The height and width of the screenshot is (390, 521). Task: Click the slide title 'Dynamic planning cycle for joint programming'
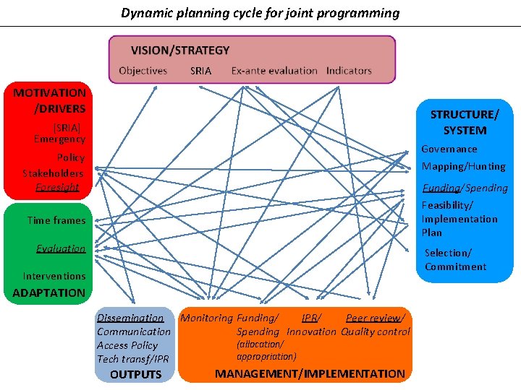(260, 13)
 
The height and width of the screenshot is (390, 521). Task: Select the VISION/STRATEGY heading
(180, 51)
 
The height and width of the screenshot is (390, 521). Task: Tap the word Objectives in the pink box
(143, 71)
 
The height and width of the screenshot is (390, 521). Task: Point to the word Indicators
(349, 71)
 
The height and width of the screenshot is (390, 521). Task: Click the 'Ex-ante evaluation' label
(274, 71)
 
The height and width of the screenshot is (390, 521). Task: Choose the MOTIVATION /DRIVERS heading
(49, 100)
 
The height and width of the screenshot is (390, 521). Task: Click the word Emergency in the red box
(59, 139)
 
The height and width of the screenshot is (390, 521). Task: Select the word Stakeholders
(53, 173)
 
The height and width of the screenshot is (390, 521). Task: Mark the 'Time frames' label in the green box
(56, 220)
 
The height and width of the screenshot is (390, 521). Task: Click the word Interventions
(54, 276)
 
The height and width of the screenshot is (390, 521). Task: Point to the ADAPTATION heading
(48, 292)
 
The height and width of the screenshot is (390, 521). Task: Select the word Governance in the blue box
(449, 149)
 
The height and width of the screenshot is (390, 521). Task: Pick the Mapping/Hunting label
(463, 166)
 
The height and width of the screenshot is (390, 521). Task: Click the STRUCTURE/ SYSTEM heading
(465, 122)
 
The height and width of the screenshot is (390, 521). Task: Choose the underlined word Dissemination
(130, 318)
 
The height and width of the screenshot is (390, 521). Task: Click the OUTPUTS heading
(135, 374)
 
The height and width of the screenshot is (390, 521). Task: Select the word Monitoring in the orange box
(206, 318)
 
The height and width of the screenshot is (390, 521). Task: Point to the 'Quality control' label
(375, 331)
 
